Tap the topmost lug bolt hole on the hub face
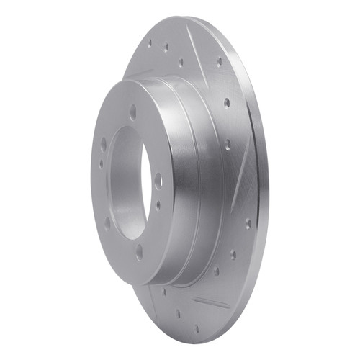pos(133,111)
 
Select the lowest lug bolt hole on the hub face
pos(139,253)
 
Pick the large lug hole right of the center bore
pos(158,181)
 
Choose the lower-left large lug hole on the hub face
pos(107,224)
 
